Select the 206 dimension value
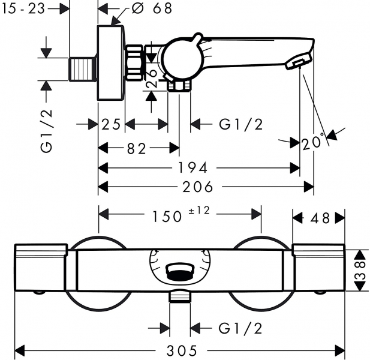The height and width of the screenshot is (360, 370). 198,187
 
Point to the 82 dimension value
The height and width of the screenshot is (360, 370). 137,148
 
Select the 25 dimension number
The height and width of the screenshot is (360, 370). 111,124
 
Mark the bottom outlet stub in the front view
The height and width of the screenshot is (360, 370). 179,296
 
